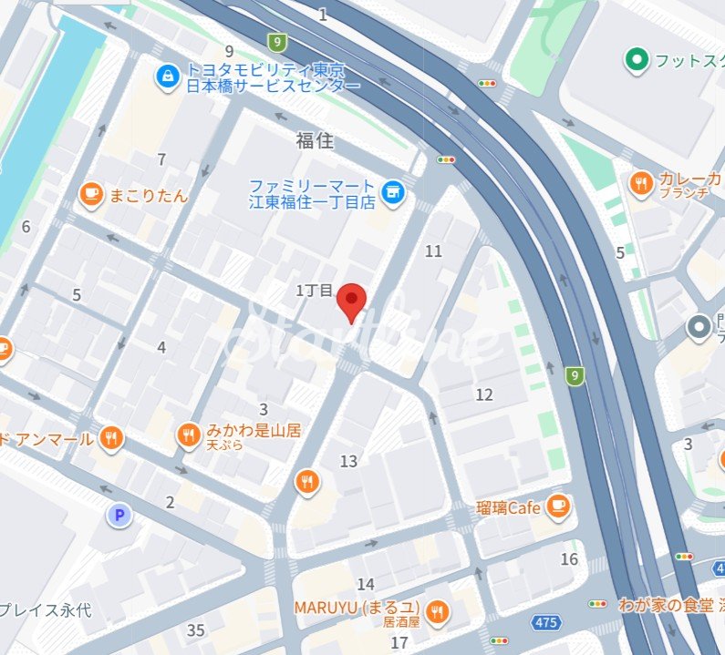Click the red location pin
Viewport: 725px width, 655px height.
351,300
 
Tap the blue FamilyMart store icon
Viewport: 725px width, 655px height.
393,189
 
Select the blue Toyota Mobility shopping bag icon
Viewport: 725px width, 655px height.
168,77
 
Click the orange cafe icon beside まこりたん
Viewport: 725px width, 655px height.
90,194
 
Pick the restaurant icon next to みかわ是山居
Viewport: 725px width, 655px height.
189,435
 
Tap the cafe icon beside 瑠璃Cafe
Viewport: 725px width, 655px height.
558,507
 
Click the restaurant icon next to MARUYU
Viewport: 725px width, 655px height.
438,613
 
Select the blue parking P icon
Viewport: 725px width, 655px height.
119,517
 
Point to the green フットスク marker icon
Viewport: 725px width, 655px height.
637,61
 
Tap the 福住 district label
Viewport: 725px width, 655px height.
315,141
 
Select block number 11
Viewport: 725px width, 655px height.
433,251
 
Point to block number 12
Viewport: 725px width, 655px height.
483,394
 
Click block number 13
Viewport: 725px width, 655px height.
348,462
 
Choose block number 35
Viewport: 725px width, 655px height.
195,630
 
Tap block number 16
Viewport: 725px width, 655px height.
570,559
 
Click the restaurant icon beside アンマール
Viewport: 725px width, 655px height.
111,439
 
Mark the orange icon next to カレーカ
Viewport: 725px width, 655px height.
641,184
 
